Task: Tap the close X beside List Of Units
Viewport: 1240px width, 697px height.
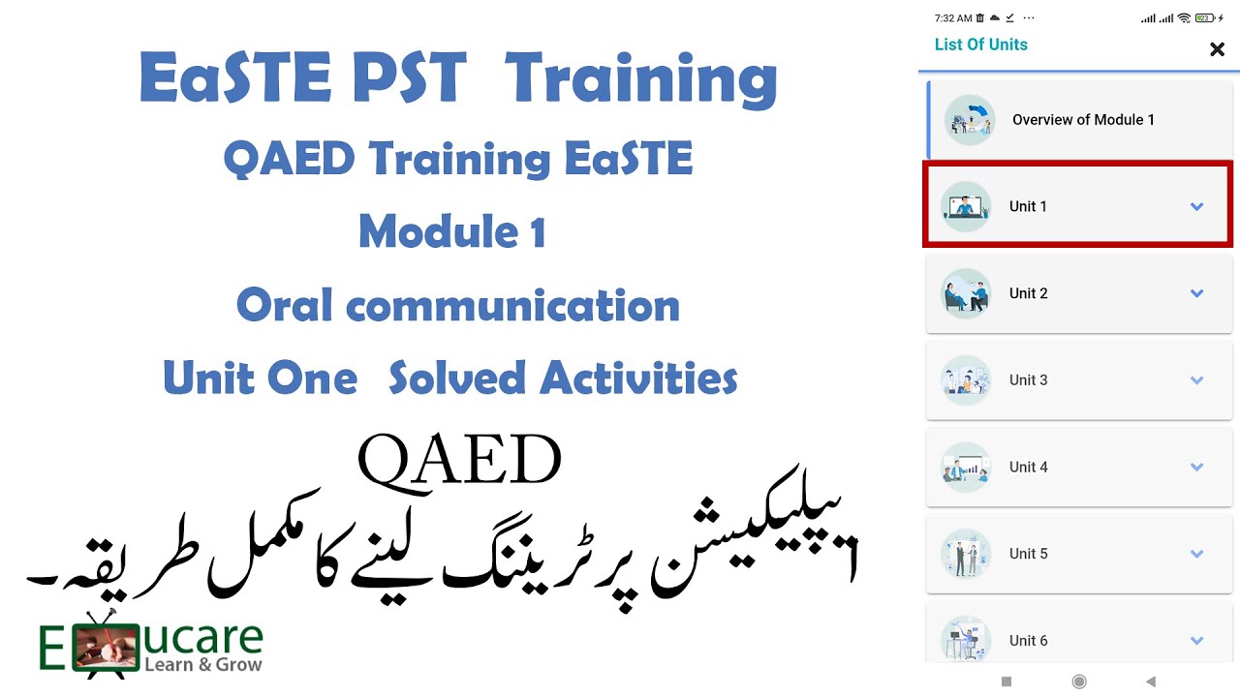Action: [x=1217, y=49]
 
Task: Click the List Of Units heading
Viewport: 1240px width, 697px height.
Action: [x=980, y=45]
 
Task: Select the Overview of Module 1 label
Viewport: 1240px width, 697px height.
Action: [x=1083, y=120]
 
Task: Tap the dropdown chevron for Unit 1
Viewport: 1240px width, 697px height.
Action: [x=1196, y=206]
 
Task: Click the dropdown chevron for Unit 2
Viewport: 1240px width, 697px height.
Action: [x=1196, y=293]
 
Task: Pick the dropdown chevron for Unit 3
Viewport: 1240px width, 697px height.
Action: [x=1196, y=380]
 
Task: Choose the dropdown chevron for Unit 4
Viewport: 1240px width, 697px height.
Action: [x=1196, y=467]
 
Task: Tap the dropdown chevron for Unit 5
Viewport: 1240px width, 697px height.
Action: [x=1196, y=554]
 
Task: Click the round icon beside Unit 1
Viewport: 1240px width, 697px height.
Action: [x=966, y=206]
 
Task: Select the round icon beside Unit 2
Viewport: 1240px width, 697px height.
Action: [x=966, y=293]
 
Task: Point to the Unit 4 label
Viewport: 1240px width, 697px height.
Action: [x=1028, y=467]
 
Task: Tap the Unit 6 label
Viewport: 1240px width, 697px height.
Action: [x=1028, y=640]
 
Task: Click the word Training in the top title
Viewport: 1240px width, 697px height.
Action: [x=640, y=79]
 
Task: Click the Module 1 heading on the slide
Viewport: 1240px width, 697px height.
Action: [x=451, y=232]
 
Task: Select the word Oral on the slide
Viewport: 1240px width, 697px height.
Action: [x=284, y=306]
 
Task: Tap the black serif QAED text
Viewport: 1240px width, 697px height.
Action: [x=459, y=461]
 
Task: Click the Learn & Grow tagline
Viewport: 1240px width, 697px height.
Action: [x=202, y=664]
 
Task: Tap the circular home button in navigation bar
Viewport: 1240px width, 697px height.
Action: [x=1079, y=682]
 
